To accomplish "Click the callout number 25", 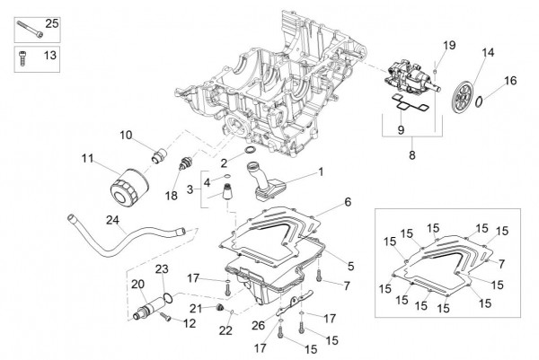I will [50, 22].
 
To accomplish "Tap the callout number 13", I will [50, 55].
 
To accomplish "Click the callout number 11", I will [86, 159].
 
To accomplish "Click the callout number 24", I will [112, 218].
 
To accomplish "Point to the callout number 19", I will [449, 45].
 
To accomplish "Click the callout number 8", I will [411, 154].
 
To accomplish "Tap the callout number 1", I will [321, 171].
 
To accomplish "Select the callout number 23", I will [163, 269].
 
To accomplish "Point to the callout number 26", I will [258, 324].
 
